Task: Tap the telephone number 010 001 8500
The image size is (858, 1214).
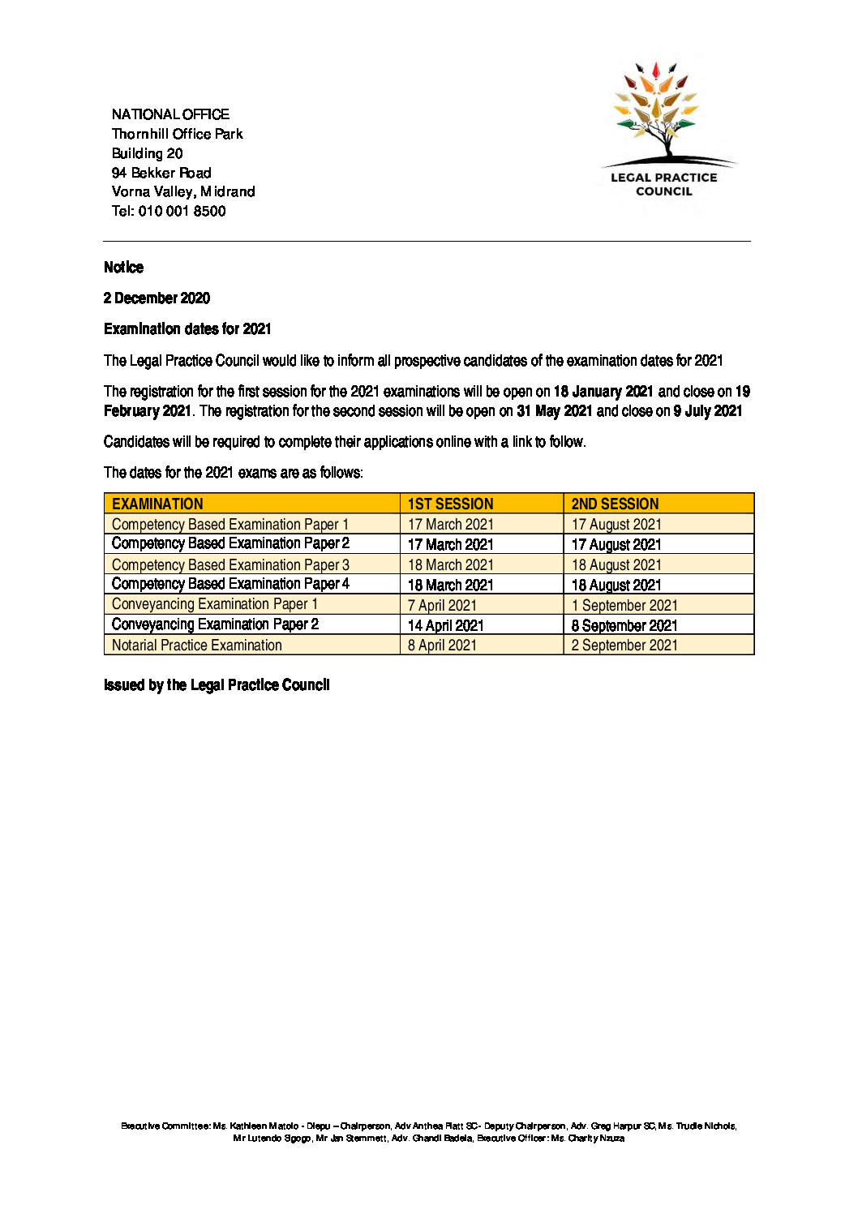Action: point(182,211)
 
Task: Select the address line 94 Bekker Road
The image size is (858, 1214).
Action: point(161,173)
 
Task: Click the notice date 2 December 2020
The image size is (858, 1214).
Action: point(157,298)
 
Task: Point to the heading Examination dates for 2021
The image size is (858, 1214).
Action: point(187,328)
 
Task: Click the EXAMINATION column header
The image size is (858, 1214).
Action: point(157,504)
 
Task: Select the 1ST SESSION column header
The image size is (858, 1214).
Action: point(450,504)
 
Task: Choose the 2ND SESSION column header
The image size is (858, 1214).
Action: point(615,504)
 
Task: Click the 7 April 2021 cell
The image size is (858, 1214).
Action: point(442,605)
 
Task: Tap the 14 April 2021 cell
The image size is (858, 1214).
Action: point(445,625)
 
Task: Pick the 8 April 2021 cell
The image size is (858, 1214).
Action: point(442,646)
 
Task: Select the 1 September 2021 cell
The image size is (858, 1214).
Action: point(624,605)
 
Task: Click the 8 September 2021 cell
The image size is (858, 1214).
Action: point(624,625)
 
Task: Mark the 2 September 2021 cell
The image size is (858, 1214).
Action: point(624,646)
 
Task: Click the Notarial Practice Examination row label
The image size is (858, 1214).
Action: point(197,646)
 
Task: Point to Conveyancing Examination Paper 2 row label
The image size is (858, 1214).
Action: point(215,624)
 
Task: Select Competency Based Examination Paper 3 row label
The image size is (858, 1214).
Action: point(230,564)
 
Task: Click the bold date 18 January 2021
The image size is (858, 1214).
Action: point(603,392)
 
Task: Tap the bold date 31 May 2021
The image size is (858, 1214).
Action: point(554,411)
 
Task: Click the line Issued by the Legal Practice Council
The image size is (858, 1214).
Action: point(217,685)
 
